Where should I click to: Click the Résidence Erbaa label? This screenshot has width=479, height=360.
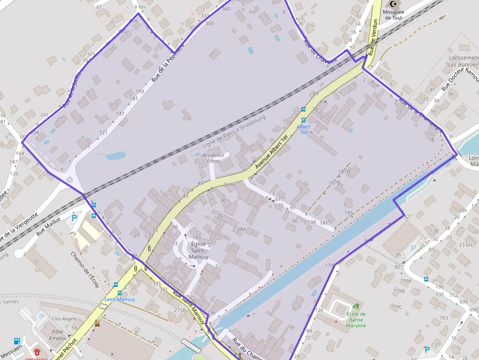213,158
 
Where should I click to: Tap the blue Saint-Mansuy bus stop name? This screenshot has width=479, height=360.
119,299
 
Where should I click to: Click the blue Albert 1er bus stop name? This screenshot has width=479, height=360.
304,129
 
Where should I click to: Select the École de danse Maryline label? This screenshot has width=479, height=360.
356,319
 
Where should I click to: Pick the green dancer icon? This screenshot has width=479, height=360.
355,306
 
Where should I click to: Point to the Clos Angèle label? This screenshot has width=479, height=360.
64,318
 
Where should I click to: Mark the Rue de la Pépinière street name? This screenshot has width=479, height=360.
168,63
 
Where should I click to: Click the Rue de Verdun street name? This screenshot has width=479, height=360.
373,37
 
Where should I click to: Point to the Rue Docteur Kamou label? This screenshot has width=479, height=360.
459,79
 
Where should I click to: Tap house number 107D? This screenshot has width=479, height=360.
344,172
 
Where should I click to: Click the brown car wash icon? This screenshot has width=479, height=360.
97,323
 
